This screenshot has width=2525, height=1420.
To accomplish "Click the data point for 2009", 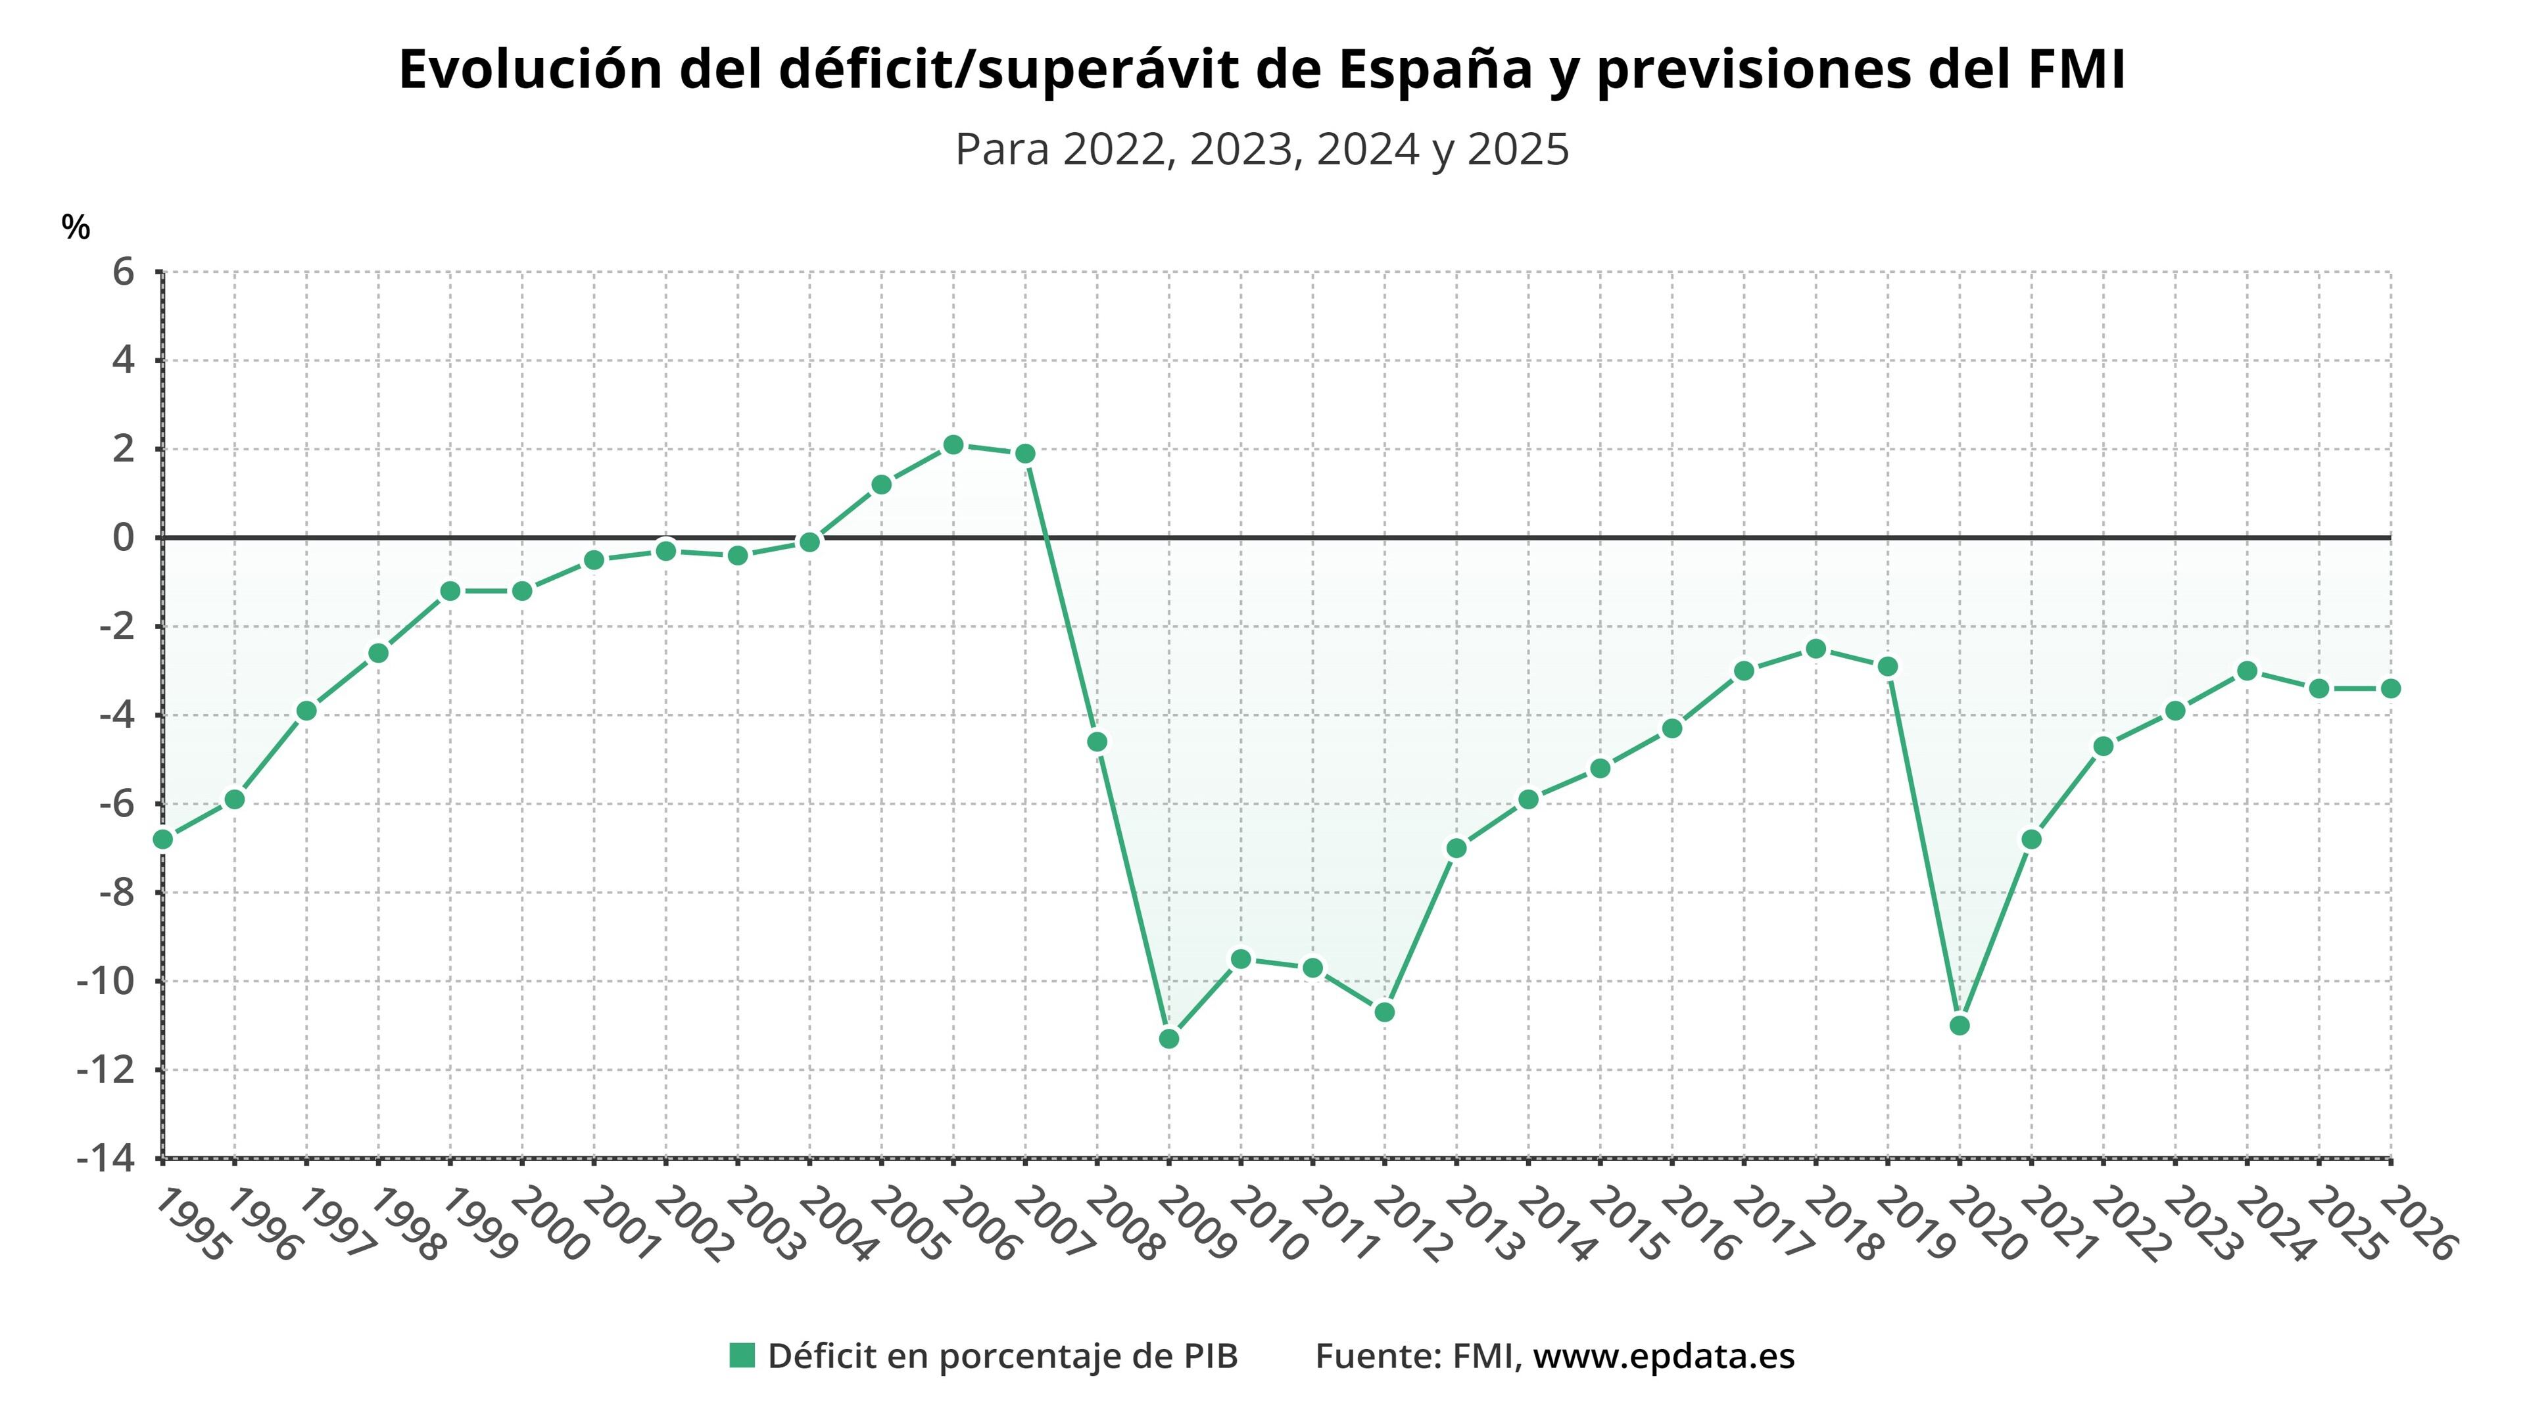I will [x=1168, y=1038].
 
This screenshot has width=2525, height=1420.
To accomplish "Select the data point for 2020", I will [x=1960, y=1025].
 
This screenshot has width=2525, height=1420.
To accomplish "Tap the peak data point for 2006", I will [x=953, y=445].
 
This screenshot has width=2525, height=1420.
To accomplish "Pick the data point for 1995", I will [x=162, y=839].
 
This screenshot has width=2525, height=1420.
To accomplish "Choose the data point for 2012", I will [x=1384, y=1011].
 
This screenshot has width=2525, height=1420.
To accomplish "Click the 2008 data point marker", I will [x=1097, y=741].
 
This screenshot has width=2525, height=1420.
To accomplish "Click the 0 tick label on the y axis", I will [x=122, y=537].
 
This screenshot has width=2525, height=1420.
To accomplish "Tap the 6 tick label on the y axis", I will [x=122, y=272].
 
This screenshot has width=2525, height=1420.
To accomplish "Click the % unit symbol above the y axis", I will [x=76, y=227].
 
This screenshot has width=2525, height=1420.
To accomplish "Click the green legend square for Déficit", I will [x=742, y=1356].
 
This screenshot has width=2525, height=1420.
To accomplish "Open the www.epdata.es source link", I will [x=1664, y=1356].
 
